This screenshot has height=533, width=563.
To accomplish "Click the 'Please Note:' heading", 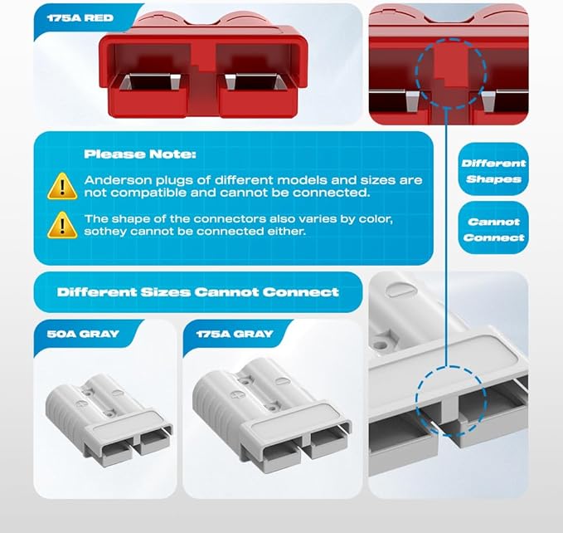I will point(129,154).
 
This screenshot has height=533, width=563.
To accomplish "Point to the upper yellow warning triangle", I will point(62,185).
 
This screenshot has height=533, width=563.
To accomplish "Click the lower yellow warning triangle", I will point(62,224).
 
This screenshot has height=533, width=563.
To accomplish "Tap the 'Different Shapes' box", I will point(493,171).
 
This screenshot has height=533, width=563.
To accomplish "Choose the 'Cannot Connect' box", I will point(493,229).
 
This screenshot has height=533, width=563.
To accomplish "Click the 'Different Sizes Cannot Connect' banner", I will point(197,292).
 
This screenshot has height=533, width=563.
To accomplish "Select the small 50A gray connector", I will point(108,414).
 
